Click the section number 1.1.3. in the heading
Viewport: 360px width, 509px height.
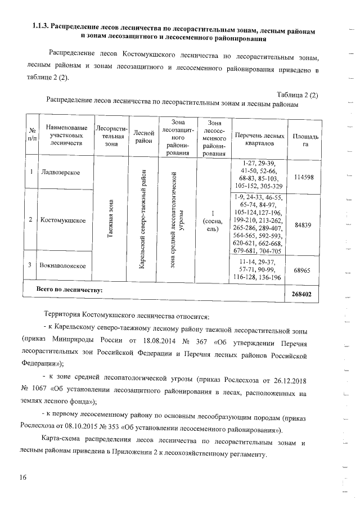click(x=40, y=27)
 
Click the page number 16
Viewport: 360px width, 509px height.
click(x=22, y=478)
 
